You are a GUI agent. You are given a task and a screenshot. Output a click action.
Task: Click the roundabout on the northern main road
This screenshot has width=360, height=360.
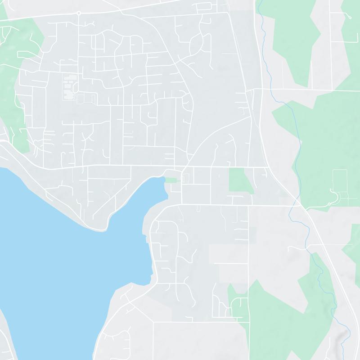79,13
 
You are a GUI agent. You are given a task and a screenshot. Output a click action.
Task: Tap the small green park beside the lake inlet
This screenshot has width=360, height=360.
171,180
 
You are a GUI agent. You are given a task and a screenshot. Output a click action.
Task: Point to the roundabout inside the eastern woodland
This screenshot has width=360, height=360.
329,204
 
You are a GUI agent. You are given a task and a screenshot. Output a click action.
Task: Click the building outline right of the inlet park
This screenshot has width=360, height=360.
186,179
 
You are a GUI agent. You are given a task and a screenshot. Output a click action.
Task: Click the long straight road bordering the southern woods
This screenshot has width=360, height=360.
249,270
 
